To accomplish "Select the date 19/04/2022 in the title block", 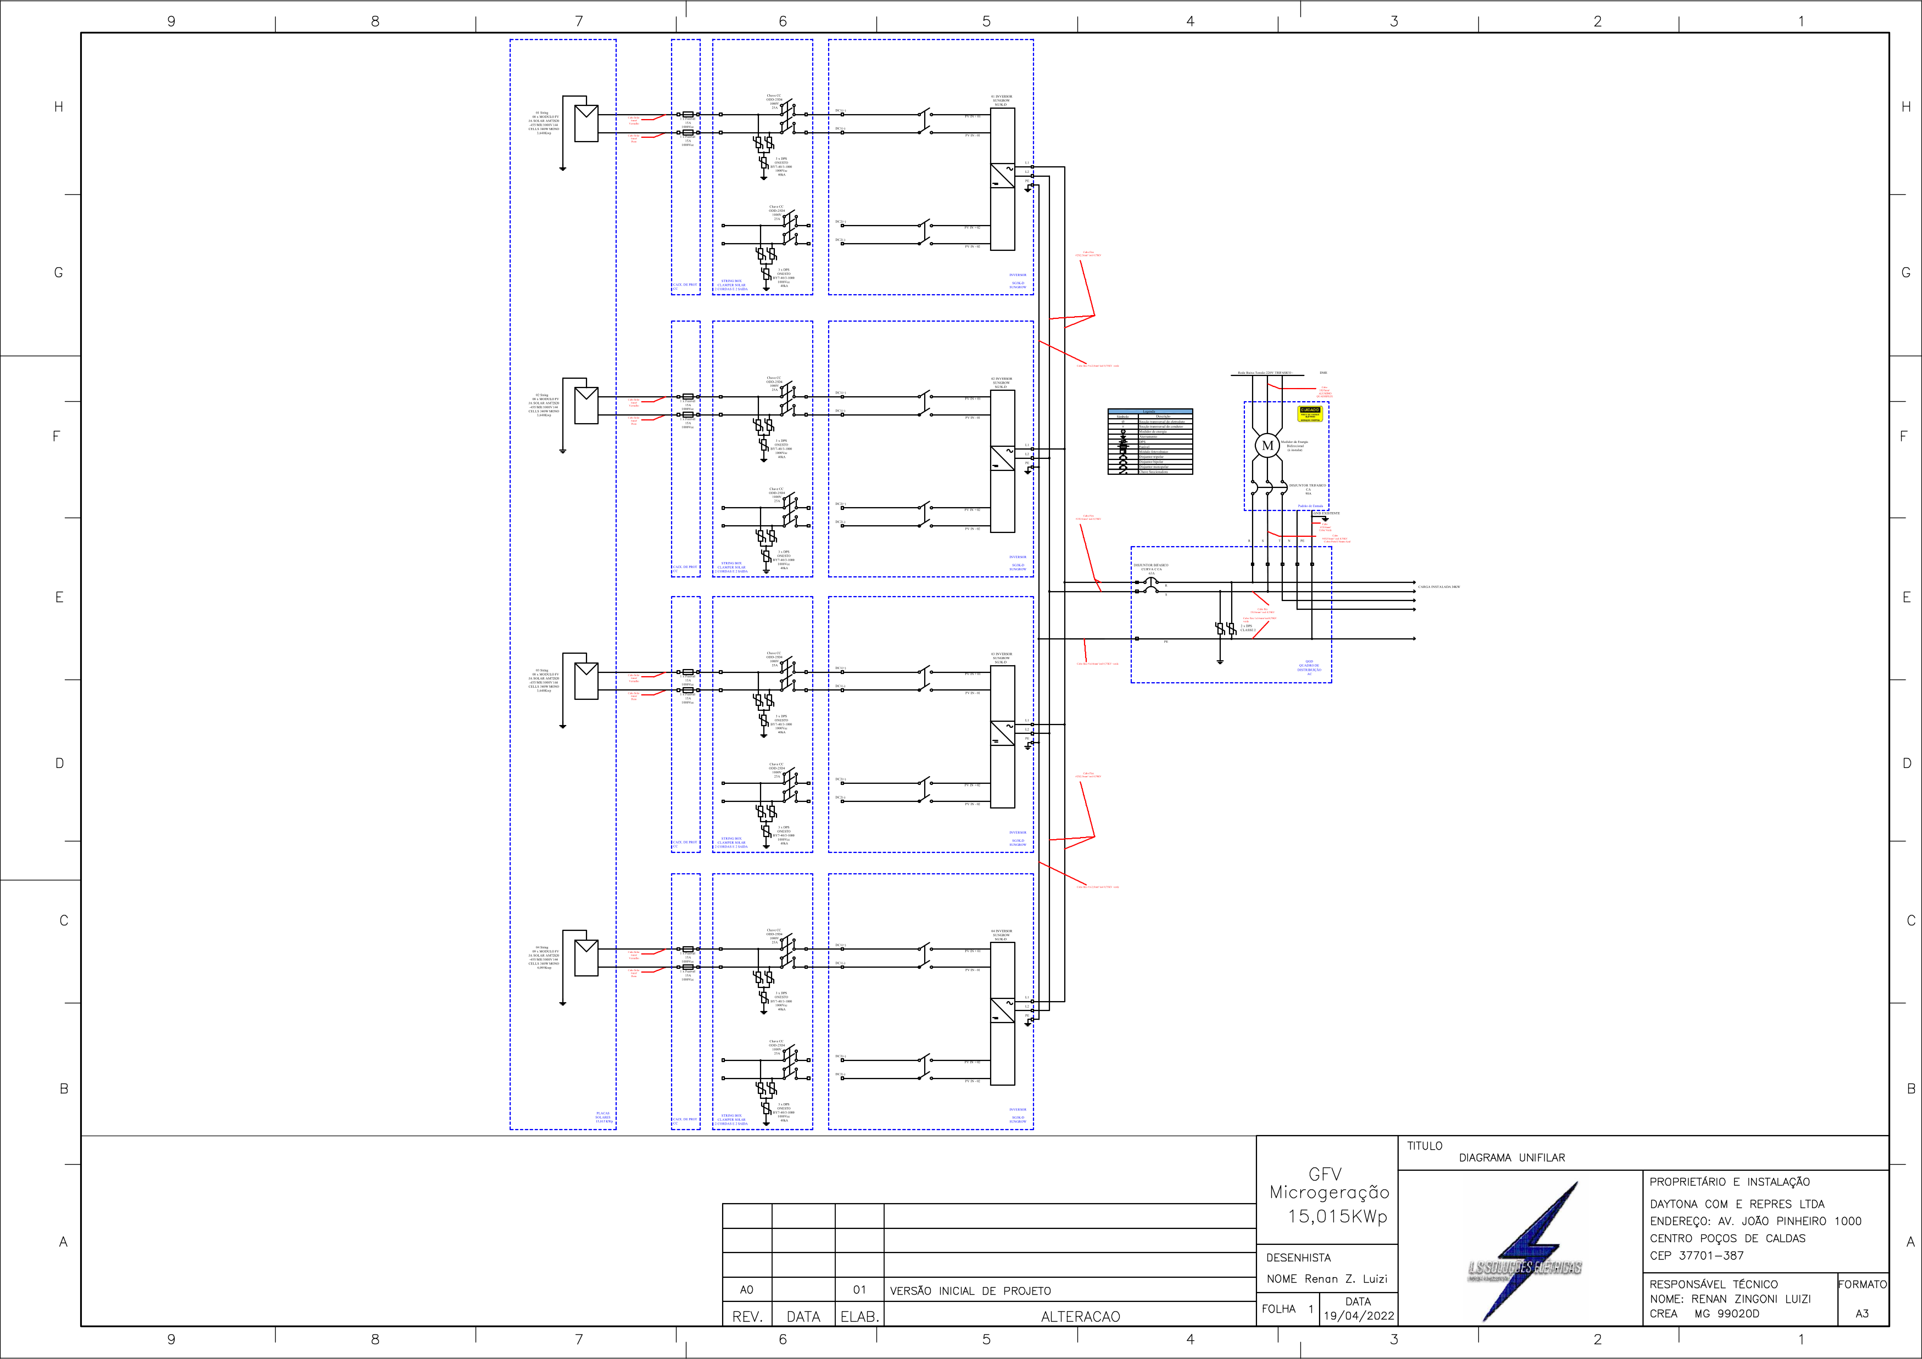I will pyautogui.click(x=1359, y=1316).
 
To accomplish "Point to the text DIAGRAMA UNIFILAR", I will pyautogui.click(x=1511, y=1158).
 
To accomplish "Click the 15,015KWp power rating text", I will pyautogui.click(x=1337, y=1216).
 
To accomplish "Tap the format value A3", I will pyautogui.click(x=1862, y=1313).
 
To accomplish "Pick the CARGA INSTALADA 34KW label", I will pyautogui.click(x=1438, y=587).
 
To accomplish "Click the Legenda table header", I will pyautogui.click(x=1149, y=412).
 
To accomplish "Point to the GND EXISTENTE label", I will pyautogui.click(x=1326, y=513).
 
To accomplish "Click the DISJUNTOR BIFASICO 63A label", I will pyautogui.click(x=1151, y=569).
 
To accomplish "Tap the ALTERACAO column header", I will pyautogui.click(x=1080, y=1316).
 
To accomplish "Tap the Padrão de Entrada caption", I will pyautogui.click(x=1310, y=506).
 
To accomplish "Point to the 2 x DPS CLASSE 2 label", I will pyautogui.click(x=1247, y=627).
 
